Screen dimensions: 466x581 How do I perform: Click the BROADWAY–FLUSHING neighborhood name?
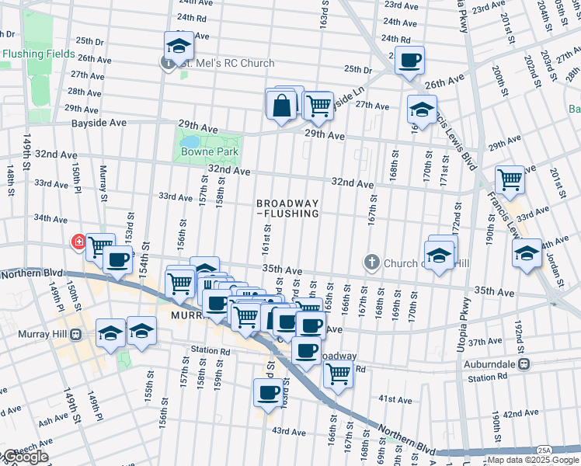[x=287, y=207]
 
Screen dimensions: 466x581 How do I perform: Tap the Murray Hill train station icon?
[x=75, y=336]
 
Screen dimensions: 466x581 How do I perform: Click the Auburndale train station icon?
[x=524, y=363]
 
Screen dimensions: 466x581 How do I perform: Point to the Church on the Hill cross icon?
[x=372, y=263]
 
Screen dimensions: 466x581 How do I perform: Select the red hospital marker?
[x=78, y=242]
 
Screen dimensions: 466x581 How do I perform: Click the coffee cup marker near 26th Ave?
[x=409, y=60]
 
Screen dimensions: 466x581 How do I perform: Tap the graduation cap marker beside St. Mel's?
[x=179, y=45]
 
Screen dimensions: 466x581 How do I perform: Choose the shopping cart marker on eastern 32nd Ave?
[x=510, y=179]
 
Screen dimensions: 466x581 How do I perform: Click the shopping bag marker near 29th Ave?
[x=281, y=105]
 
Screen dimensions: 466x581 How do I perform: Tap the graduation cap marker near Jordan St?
[x=527, y=253]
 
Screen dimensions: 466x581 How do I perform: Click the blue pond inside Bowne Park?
[x=190, y=141]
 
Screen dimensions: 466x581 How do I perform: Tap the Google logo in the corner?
[x=25, y=457]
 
